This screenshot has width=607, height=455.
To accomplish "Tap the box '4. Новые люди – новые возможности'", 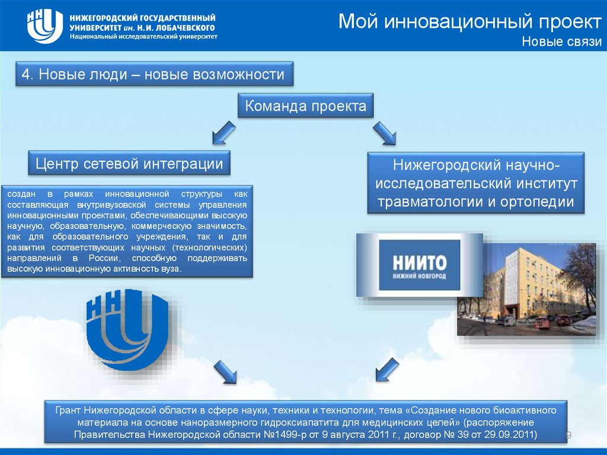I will point(154,75).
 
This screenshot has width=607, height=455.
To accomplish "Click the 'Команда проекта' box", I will point(305,107).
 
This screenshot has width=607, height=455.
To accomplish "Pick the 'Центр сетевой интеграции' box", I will point(129,164).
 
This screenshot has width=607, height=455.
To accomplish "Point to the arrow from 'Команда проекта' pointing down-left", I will point(223,132).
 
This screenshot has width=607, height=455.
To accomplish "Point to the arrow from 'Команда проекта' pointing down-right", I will point(385,132).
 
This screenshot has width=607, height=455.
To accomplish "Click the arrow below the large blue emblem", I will point(225,372).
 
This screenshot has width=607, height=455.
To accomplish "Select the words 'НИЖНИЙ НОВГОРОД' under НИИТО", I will point(419,276).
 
